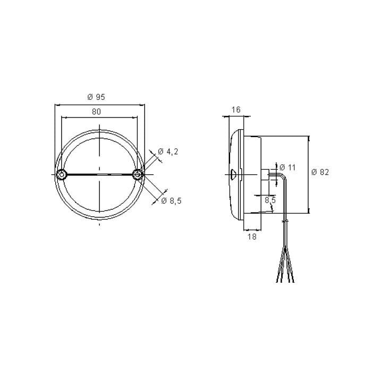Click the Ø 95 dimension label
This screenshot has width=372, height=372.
click(x=96, y=97)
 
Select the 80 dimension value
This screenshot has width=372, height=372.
click(x=96, y=112)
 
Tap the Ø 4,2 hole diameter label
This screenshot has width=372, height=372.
click(x=168, y=152)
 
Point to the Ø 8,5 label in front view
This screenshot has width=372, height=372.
click(x=171, y=200)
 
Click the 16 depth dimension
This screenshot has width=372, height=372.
click(x=236, y=109)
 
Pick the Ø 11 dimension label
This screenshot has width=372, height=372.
click(x=287, y=167)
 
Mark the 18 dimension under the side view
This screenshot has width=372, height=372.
click(x=252, y=236)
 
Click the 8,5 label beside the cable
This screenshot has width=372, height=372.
click(x=270, y=200)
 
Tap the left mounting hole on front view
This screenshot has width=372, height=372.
click(x=62, y=174)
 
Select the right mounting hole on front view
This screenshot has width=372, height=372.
click(x=138, y=174)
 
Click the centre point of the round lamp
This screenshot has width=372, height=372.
click(x=100, y=174)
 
